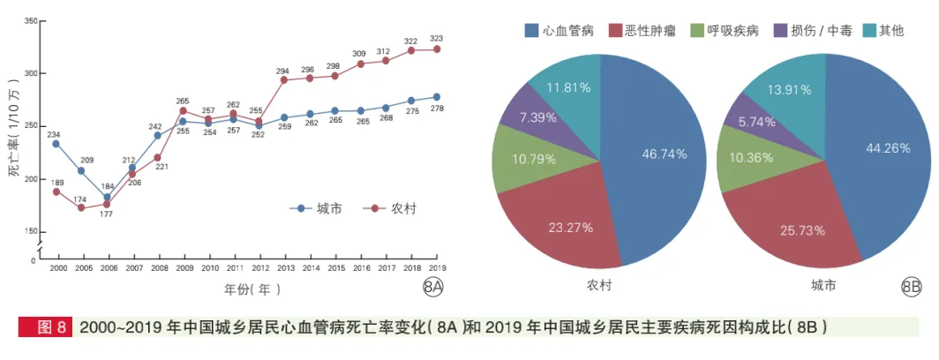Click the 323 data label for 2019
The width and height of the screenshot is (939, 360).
coord(436,39)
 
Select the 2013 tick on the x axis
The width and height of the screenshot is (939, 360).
coord(285,267)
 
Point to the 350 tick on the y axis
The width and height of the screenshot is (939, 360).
coord(30,21)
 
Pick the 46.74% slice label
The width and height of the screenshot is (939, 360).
coord(665,154)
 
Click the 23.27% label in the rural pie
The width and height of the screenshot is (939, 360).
coord(570,227)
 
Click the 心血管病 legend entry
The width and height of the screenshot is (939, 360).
coord(560,31)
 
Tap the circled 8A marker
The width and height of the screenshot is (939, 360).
coord(432,287)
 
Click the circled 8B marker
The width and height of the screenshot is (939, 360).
coord(912,287)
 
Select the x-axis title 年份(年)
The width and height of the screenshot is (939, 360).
coord(250,289)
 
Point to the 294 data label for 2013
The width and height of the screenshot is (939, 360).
coord(283,71)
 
